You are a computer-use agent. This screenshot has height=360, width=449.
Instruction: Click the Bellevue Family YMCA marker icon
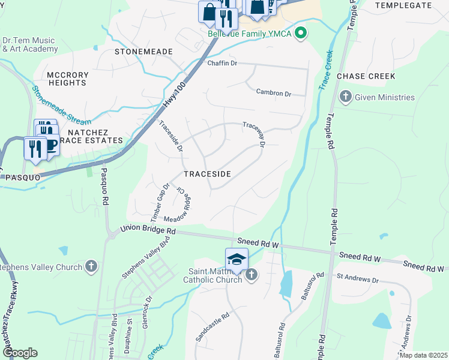302,34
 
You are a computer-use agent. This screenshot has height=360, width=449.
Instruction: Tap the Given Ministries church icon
346,97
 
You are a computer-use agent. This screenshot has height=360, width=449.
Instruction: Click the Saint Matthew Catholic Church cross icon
251,275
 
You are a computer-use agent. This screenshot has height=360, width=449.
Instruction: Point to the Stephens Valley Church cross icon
91,265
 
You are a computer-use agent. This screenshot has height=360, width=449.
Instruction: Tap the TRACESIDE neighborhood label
207,173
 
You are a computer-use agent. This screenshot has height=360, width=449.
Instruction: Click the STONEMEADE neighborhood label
143,52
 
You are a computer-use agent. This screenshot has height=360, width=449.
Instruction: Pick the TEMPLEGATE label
403,5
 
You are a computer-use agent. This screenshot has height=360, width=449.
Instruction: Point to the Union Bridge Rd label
148,230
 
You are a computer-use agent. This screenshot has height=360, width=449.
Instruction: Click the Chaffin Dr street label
223,63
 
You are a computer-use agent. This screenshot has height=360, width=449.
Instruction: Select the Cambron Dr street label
273,93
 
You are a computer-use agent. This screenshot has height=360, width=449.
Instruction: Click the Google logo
20,353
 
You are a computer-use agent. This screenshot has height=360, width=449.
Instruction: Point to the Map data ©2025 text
423,355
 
